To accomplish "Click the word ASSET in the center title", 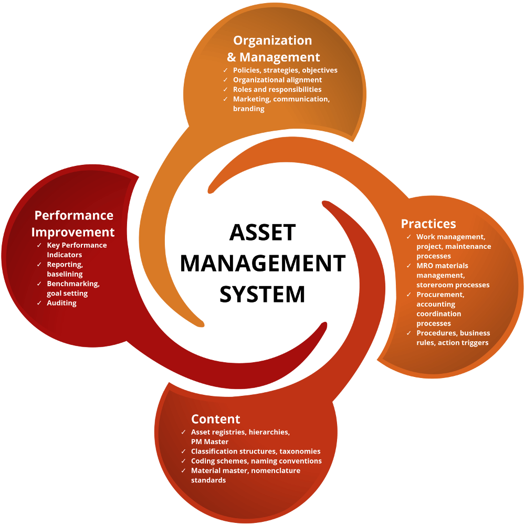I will coord(262,233).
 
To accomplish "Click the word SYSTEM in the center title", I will coord(262,294).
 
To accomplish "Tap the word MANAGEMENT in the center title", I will coord(262,264).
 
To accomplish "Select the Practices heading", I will coord(428,224).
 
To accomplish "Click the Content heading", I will coord(215,419).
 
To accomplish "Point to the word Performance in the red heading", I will coord(73,215).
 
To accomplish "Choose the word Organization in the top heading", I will coord(272,40).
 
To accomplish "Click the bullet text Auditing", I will coord(61,303).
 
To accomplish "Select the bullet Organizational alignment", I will coord(277,80).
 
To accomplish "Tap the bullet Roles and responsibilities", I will coord(277,89).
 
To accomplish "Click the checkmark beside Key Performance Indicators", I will coord(39,245).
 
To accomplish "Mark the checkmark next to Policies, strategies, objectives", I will coord(226,70).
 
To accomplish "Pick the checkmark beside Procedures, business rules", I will coord(409,333).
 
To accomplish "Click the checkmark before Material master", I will coord(183,471).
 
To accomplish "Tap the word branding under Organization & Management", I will coord(248,109).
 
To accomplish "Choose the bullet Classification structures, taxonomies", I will coord(256,451).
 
